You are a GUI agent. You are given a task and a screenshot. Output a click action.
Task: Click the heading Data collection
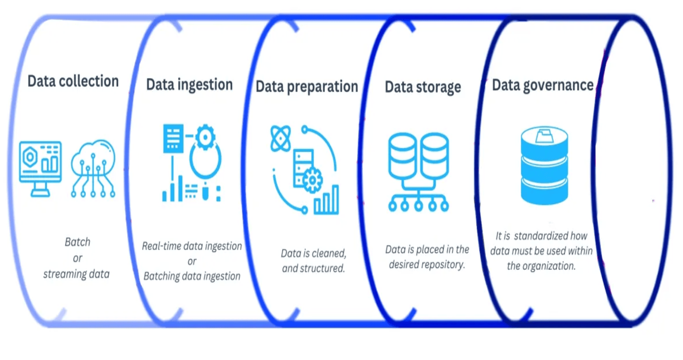click(73, 81)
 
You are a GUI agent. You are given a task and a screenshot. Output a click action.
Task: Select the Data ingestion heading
click(189, 84)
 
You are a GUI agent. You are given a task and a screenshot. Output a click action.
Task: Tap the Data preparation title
click(306, 86)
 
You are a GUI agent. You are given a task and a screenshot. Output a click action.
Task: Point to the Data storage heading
click(422, 87)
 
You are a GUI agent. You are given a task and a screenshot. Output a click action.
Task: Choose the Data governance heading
click(542, 85)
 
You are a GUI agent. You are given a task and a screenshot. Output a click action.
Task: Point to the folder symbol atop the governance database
click(543, 135)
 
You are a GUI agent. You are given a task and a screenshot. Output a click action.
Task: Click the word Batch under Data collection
click(77, 242)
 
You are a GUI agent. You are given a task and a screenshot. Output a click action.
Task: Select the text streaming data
click(76, 274)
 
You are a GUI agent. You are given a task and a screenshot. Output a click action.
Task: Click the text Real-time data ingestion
click(191, 246)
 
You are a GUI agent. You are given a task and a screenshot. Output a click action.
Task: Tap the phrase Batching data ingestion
click(191, 276)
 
